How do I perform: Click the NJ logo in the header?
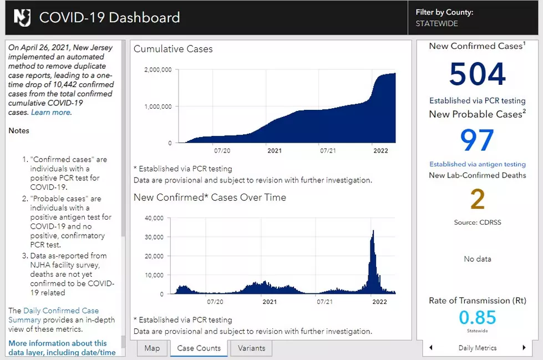tap(22, 17)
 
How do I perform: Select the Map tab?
tap(152, 348)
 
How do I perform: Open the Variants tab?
tap(251, 348)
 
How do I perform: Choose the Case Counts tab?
tap(199, 348)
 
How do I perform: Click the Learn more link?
tap(50, 112)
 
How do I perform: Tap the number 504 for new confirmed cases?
tap(477, 74)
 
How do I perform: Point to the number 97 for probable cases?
tap(477, 140)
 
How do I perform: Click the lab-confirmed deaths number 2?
tap(477, 199)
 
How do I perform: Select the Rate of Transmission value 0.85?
tap(477, 317)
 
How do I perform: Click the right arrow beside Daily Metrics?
tap(524, 348)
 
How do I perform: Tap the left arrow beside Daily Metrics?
tap(431, 348)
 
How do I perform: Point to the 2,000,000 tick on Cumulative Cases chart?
tap(158, 70)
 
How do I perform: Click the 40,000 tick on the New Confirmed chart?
tap(154, 218)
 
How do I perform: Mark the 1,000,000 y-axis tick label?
tap(158, 107)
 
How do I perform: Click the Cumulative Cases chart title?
tap(173, 49)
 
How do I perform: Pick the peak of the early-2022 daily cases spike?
tap(373, 230)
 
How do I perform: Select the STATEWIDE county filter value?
tap(437, 23)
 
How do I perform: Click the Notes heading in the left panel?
tap(19, 130)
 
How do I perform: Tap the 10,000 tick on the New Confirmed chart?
tap(154, 275)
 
